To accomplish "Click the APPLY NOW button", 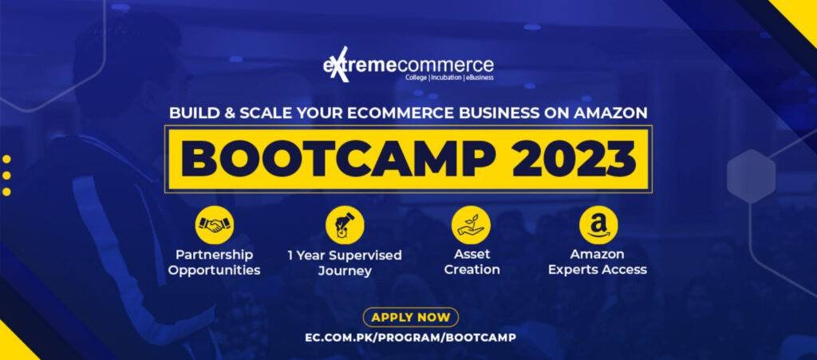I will click(x=410, y=317).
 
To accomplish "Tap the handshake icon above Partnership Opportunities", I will click(x=215, y=225).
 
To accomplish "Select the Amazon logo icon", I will click(x=598, y=225).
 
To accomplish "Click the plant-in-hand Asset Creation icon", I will click(x=470, y=225).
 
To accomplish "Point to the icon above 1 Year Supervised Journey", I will click(x=345, y=225).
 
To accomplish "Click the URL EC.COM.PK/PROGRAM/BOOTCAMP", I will click(x=410, y=337).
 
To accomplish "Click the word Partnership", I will click(x=215, y=255).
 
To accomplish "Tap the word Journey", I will click(x=345, y=271).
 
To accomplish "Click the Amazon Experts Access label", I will click(x=598, y=262).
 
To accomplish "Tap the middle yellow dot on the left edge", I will click(x=6, y=175).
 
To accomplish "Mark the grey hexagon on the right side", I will click(x=751, y=176).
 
